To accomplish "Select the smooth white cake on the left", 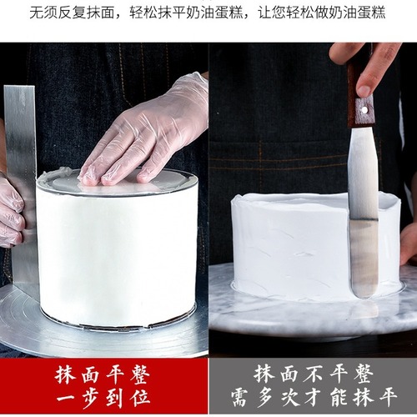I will [117, 250].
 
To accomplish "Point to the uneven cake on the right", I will [292, 250].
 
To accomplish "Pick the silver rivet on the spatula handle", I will [364, 106].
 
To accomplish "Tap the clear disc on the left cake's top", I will [117, 182].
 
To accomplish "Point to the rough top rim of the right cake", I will [284, 200].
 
